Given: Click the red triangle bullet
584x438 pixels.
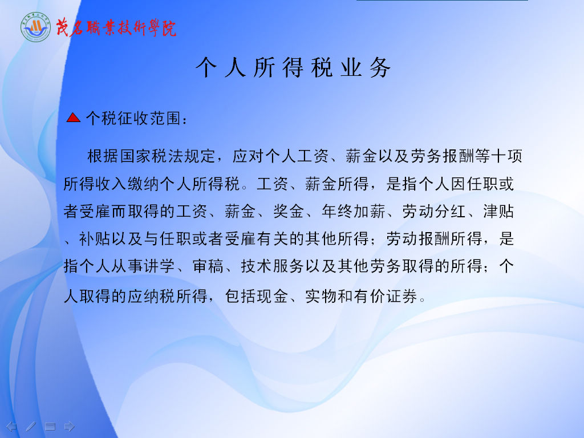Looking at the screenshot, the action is [x=74, y=117].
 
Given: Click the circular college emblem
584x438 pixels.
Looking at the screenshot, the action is [x=35, y=27].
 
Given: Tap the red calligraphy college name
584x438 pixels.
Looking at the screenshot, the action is [x=116, y=28].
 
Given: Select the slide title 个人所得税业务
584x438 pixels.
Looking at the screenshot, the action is [x=293, y=67].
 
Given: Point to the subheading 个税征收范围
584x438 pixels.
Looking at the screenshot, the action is [x=133, y=119].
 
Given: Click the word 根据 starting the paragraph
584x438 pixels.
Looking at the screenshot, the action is [x=103, y=156].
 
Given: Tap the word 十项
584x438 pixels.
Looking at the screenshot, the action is [x=506, y=156].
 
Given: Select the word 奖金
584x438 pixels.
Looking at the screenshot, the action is [x=289, y=211].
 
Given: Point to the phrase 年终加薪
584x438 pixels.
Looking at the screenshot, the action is [x=354, y=211].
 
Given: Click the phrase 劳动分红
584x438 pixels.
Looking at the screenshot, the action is [x=434, y=211].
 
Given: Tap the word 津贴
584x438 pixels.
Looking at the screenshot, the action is [x=498, y=211].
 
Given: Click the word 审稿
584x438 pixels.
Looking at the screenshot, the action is [x=208, y=266].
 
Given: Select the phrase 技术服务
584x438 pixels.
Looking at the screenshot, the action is [x=273, y=266].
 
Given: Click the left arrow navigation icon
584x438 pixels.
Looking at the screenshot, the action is [x=11, y=426].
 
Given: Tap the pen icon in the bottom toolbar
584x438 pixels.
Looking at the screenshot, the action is [x=31, y=426].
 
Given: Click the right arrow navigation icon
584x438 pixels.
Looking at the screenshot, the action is [x=69, y=426].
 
